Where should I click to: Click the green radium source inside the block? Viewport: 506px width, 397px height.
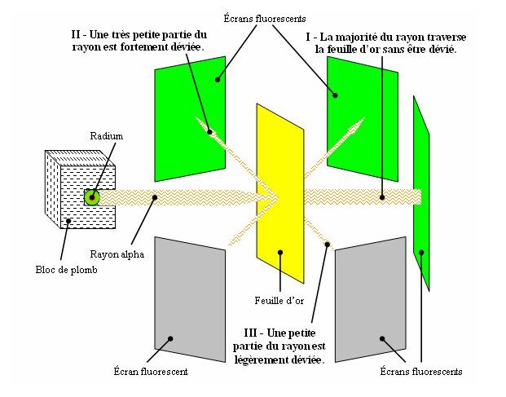(92, 196)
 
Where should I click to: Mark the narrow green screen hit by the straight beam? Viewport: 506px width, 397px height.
(420, 192)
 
